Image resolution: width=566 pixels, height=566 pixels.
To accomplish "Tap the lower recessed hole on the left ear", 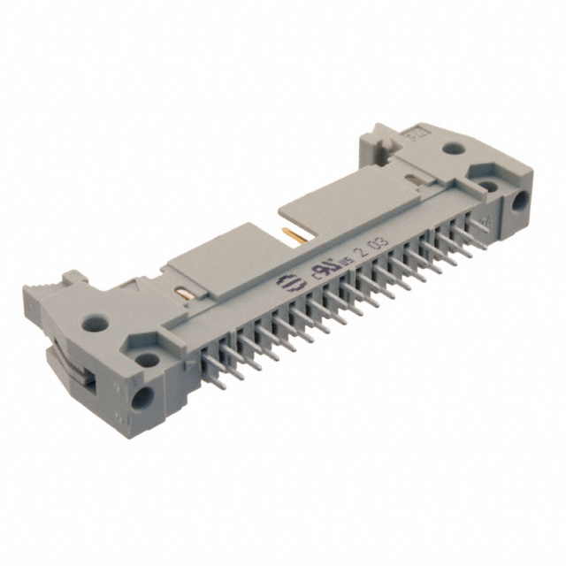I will (146, 360).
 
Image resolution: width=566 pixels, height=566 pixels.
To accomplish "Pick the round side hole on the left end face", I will (140, 398).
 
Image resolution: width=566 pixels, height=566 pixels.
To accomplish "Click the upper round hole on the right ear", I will (452, 150).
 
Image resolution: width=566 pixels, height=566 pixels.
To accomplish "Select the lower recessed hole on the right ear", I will (490, 185).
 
